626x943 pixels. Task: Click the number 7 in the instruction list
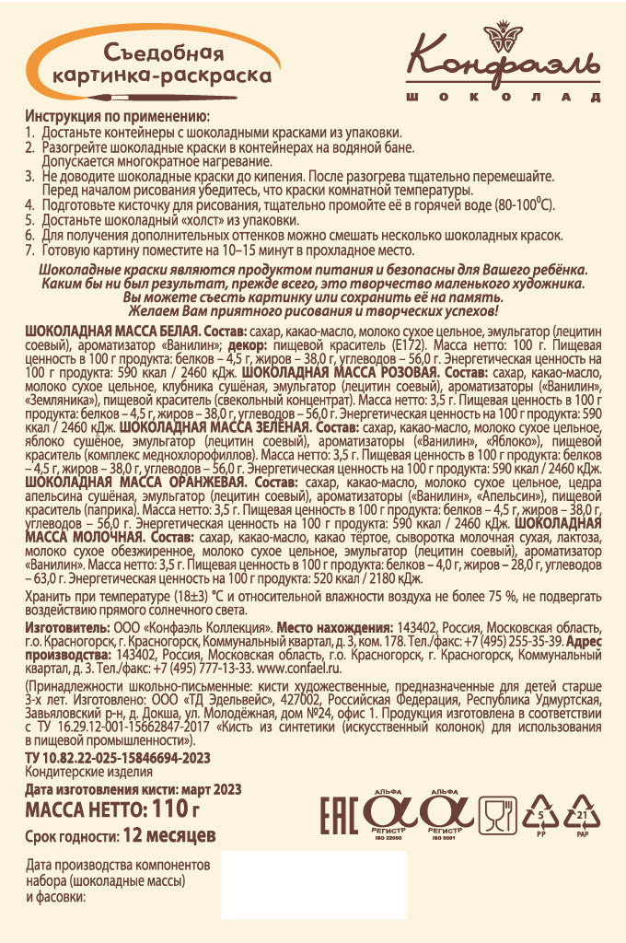click(x=30, y=250)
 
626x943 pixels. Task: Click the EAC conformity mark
click(x=337, y=813)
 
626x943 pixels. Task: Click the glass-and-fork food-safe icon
click(x=497, y=814)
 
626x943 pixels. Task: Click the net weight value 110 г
click(x=173, y=810)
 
